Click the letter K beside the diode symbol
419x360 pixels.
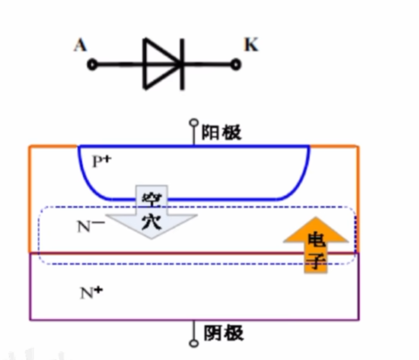[x=251, y=45]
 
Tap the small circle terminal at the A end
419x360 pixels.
[x=92, y=64]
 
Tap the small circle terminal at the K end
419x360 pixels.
[x=236, y=64]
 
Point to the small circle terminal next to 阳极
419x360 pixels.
[x=193, y=125]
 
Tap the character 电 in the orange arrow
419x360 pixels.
[x=317, y=239]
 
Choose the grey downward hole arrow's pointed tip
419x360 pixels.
[x=153, y=238]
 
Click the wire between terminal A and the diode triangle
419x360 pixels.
[x=118, y=64]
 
